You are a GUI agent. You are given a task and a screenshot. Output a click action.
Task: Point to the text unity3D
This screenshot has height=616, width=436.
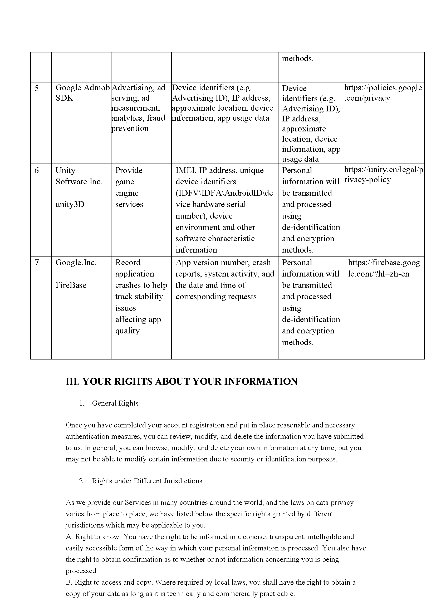70,205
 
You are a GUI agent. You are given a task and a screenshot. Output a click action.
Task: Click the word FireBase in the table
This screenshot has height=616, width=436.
71,285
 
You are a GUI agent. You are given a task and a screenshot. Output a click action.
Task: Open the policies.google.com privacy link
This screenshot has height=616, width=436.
383,93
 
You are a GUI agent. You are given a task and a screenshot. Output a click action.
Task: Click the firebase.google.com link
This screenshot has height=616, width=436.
384,268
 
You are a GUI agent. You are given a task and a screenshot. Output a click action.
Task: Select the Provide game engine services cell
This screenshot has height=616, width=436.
129,187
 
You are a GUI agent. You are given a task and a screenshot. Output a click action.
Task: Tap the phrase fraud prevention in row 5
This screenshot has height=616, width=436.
138,123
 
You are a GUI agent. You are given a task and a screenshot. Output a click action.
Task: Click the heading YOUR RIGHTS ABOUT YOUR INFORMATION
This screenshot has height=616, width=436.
182,381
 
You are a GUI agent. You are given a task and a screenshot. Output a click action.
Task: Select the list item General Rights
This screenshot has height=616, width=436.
115,403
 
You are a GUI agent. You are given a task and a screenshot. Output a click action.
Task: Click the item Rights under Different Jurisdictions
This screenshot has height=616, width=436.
147,481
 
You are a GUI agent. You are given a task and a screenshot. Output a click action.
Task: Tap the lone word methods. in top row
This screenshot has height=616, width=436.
297,58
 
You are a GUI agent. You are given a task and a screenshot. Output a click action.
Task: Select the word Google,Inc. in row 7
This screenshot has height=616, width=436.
76,263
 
